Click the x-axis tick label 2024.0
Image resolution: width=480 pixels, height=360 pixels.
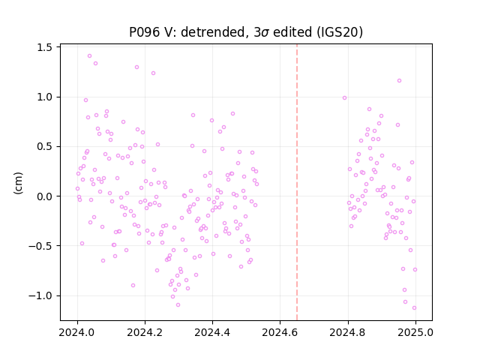(x=77, y=332)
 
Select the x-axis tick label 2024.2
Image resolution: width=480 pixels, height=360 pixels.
(x=145, y=332)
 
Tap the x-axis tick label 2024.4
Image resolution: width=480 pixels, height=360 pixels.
(x=212, y=332)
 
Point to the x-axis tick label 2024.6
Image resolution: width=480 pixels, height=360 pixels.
(x=280, y=332)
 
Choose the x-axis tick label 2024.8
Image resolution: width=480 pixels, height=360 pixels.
(x=348, y=332)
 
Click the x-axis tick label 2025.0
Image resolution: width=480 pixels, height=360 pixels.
(x=415, y=332)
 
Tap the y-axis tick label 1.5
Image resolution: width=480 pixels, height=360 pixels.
(x=44, y=47)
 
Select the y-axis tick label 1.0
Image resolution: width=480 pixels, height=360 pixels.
(x=44, y=97)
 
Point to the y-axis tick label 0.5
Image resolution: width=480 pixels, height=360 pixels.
(x=44, y=147)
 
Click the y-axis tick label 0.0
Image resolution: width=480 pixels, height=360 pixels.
(x=44, y=196)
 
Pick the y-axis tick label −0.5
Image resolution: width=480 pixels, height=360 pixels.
(x=40, y=246)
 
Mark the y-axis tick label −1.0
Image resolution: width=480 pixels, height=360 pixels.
(x=40, y=295)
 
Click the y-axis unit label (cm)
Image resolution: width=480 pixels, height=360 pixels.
(x=18, y=183)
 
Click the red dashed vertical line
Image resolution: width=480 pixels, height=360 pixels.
(x=297, y=182)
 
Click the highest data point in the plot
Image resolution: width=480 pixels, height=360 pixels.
(x=90, y=56)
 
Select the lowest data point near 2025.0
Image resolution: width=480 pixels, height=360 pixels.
(x=414, y=308)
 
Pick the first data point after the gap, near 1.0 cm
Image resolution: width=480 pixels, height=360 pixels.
(x=345, y=98)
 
